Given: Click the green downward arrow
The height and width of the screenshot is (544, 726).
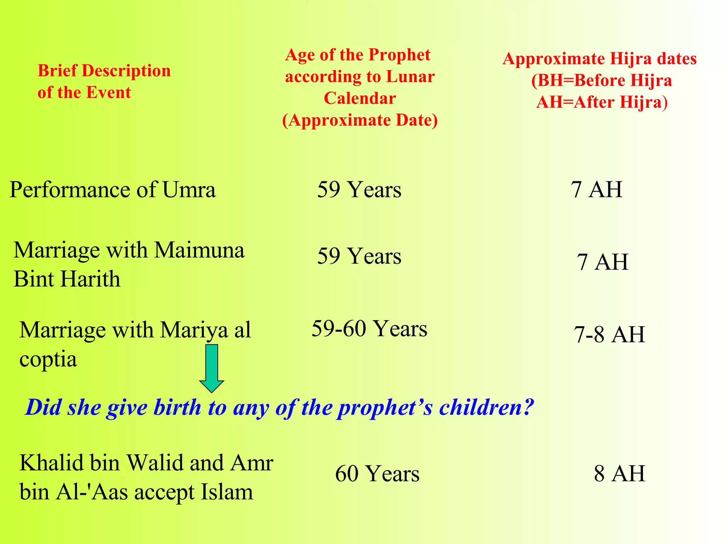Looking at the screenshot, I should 212,368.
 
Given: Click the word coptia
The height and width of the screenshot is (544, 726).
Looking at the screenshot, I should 48,360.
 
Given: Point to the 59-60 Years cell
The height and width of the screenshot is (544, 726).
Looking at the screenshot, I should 369,329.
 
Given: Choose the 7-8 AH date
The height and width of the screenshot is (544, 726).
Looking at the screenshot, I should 609,334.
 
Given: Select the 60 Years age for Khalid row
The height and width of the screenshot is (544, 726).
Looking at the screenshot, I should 377,474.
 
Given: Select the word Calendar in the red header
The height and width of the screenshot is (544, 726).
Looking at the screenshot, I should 360,98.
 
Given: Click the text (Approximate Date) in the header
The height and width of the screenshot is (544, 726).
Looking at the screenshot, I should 360,120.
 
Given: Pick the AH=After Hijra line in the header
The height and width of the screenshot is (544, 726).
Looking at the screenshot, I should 602,102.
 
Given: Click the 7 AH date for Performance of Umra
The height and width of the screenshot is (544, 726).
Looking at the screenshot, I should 596,189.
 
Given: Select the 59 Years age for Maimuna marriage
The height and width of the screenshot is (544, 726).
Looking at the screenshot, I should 359,256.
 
